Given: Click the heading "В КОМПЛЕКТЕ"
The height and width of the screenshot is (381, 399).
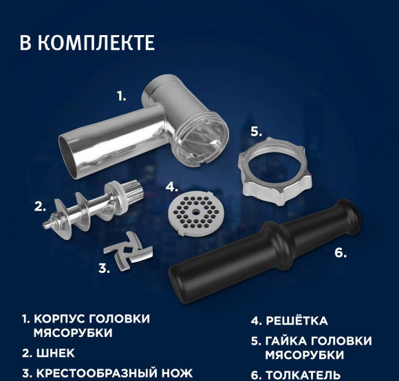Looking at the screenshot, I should click(87, 42).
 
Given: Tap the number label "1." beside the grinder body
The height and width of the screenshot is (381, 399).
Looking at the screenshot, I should click(121, 97).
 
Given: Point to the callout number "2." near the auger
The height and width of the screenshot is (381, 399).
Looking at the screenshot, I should click(40, 206).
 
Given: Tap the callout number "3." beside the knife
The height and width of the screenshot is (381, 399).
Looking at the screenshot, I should click(103, 269).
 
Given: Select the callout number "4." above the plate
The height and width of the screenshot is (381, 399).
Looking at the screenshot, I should click(172, 186).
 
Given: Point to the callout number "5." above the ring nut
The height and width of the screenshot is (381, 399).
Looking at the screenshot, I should click(255, 131).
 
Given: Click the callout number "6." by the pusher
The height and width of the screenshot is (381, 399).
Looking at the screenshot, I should click(340, 252).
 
